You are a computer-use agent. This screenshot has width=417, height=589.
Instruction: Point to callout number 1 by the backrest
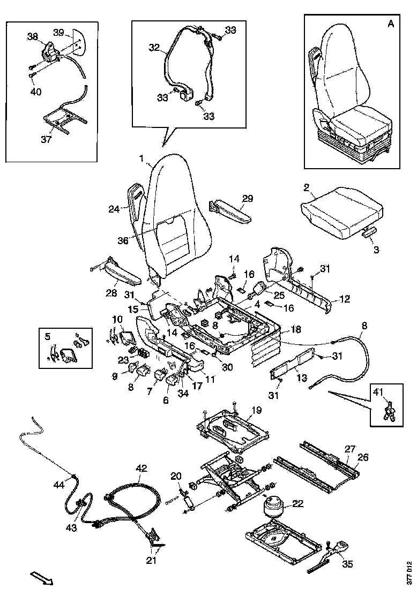click(142, 159)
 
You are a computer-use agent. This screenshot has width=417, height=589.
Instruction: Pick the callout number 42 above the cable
click(141, 468)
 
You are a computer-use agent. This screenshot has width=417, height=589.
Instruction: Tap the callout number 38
click(33, 36)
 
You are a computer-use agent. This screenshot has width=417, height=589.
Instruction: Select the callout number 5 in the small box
click(48, 336)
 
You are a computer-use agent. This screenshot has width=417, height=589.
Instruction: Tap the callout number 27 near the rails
click(349, 449)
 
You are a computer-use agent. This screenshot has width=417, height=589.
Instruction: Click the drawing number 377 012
click(409, 571)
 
